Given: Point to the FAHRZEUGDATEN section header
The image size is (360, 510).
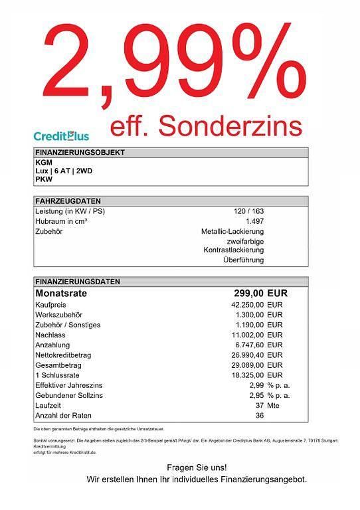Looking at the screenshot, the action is pyautogui.click(x=68, y=201).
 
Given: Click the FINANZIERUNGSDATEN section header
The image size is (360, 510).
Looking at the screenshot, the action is pyautogui.click(x=78, y=282).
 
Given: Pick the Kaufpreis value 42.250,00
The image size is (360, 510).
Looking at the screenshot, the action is pyautogui.click(x=247, y=303).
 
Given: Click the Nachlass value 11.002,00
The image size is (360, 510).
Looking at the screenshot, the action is pyautogui.click(x=247, y=335).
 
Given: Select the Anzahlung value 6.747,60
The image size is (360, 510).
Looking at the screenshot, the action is pyautogui.click(x=249, y=345).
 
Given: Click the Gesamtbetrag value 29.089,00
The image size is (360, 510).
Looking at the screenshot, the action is pyautogui.click(x=247, y=365).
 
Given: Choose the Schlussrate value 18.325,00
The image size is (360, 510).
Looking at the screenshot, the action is pyautogui.click(x=247, y=375).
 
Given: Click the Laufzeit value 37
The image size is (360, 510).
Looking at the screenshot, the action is pyautogui.click(x=260, y=405).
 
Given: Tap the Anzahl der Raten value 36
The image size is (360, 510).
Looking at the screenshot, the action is pyautogui.click(x=260, y=415).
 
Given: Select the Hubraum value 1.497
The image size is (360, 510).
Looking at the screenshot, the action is pyautogui.click(x=254, y=221).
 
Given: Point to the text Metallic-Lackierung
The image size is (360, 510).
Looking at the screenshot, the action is pyautogui.click(x=232, y=231).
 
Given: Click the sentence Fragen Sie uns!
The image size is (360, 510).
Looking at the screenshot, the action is pyautogui.click(x=196, y=467).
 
